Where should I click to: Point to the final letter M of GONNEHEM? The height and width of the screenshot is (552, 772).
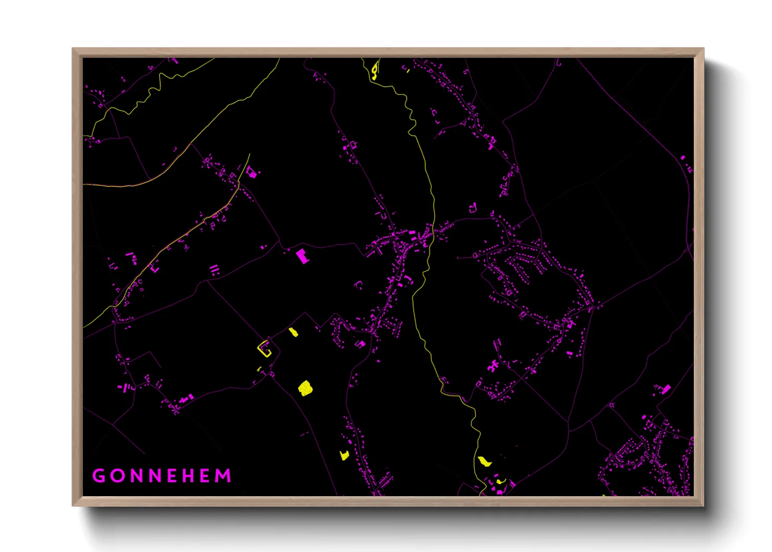pyautogui.click(x=223, y=476)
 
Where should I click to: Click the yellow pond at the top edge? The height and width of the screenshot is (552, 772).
pyautogui.click(x=375, y=69)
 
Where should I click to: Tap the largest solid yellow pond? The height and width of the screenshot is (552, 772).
pyautogui.click(x=305, y=388)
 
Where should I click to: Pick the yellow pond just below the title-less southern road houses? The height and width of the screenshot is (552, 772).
pyautogui.click(x=344, y=455)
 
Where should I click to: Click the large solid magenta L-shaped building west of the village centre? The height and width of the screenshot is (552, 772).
pyautogui.click(x=302, y=256)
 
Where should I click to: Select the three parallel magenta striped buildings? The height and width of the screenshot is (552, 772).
pyautogui.click(x=214, y=270)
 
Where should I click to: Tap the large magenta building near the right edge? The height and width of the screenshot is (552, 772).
pyautogui.click(x=666, y=389)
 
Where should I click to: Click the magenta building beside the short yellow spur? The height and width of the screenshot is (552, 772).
pyautogui.click(x=252, y=172)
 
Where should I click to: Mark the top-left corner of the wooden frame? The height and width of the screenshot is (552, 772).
pyautogui.click(x=73, y=49)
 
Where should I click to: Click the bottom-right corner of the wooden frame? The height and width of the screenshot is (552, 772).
pyautogui.click(x=703, y=505)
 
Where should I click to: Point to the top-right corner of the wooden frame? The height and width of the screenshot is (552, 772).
pyautogui.click(x=703, y=49)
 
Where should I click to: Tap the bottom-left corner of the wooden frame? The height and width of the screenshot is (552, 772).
pyautogui.click(x=73, y=505)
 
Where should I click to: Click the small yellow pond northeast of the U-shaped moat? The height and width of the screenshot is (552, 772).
pyautogui.click(x=294, y=332)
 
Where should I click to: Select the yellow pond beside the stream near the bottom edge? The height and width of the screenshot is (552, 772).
pyautogui.click(x=485, y=461)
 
